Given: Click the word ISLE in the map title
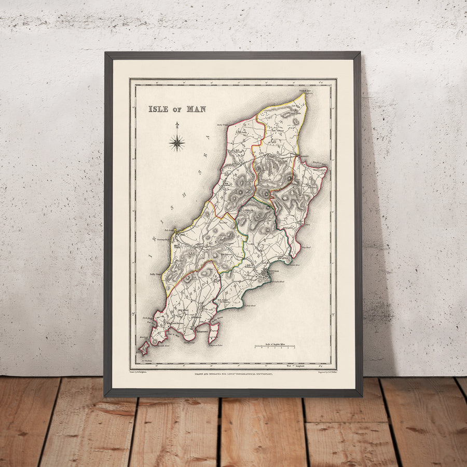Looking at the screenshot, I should coord(158,109).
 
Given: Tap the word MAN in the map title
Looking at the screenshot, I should coord(197,109).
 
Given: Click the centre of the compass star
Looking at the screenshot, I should coord(177,142).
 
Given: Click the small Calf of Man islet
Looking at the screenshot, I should coord(144,348).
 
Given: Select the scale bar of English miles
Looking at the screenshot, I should coord(274,346).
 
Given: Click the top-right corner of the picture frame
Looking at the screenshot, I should coord(360,52).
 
